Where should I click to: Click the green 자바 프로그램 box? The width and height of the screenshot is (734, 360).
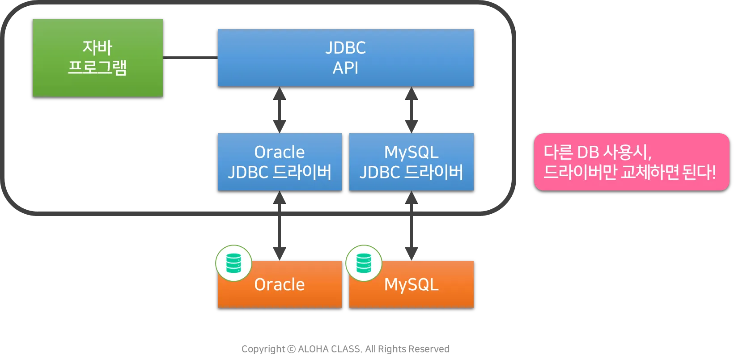98,58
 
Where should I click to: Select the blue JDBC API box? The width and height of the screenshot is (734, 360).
345,58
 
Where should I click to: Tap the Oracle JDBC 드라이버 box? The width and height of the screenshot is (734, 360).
280,162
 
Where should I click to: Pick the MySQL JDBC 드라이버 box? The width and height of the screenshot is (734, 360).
411,162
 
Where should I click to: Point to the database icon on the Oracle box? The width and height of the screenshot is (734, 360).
233,263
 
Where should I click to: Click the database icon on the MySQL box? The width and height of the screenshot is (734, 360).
364,263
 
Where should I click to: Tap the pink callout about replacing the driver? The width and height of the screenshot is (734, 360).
631,162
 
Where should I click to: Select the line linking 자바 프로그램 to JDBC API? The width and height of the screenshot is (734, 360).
190,57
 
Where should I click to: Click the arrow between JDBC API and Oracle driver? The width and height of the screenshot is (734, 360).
279,110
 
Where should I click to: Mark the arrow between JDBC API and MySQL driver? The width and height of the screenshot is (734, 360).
411,110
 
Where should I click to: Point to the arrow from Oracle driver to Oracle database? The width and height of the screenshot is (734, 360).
279,226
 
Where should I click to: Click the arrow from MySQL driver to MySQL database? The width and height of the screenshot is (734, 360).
411,226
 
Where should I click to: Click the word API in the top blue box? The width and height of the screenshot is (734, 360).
345,68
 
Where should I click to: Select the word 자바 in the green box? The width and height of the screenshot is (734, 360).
98,47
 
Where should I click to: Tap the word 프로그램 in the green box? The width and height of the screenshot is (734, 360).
98,68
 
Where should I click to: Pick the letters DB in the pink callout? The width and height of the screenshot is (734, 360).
588,152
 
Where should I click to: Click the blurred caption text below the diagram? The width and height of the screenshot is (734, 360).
345,348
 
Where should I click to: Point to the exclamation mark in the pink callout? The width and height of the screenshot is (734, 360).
713,172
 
